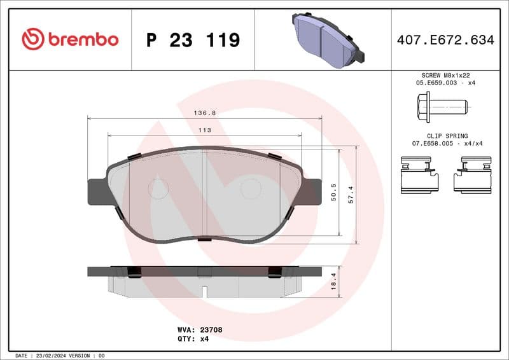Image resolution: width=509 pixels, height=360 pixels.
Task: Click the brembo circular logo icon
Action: tap(32, 39)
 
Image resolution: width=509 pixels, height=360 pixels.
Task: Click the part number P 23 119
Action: tap(193, 40)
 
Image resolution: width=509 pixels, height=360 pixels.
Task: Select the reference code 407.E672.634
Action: tap(445, 40)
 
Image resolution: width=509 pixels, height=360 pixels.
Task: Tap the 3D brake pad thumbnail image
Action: tap(326, 39)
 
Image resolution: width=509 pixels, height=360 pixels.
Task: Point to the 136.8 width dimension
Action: tap(204, 113)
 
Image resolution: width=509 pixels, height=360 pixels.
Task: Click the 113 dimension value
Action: tap(204, 130)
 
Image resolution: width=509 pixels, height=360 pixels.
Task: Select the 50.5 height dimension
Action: tap(333, 192)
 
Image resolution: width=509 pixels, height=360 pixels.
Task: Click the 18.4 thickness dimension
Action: tap(333, 281)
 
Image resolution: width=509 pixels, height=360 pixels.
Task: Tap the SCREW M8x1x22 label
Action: tap(445, 75)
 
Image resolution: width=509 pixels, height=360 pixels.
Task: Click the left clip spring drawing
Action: tap(419, 176)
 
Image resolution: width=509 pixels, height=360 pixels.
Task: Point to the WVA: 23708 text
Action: tap(199, 330)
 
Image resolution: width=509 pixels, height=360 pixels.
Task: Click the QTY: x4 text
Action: tap(193, 339)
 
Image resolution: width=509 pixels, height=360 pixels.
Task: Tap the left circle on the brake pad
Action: tap(158, 188)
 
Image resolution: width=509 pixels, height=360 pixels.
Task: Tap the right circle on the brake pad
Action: tap(250, 188)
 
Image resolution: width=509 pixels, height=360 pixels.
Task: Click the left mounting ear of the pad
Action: tap(97, 191)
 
